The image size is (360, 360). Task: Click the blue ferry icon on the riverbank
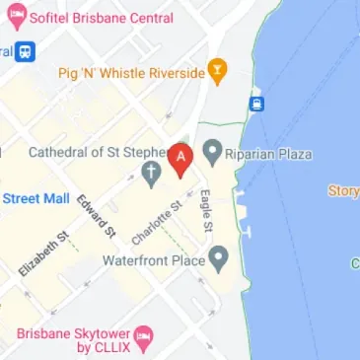(257, 104)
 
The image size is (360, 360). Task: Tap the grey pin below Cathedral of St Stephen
(151, 177)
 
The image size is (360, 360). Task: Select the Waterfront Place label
(154, 261)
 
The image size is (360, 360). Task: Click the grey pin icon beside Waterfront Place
(220, 260)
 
